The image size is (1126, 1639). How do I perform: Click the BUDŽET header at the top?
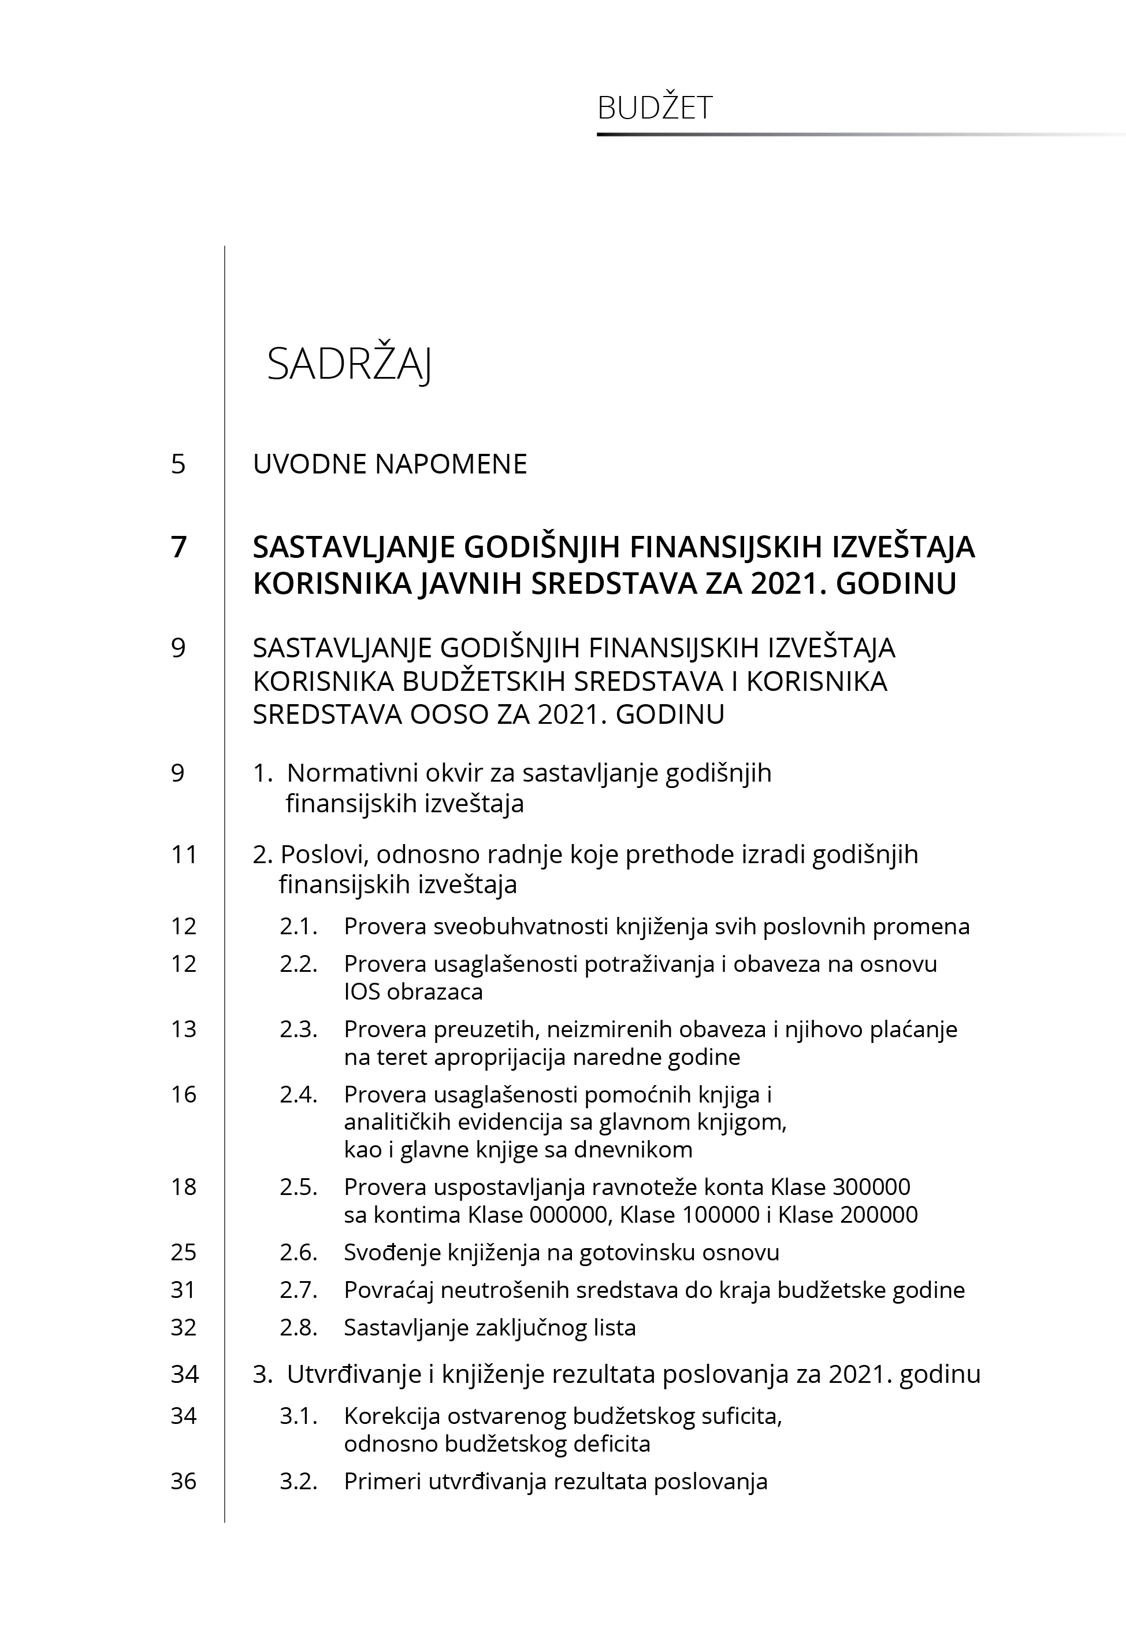coord(655,108)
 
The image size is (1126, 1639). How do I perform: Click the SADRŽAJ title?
coord(349,365)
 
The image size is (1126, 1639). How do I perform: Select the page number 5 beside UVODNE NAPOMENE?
coord(179,464)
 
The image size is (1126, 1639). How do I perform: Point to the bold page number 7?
coord(179,547)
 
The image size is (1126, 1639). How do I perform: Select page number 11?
coord(184,855)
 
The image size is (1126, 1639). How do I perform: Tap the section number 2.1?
coord(298,926)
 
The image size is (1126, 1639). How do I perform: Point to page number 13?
coord(184,1029)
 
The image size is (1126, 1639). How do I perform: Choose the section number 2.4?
coord(298,1094)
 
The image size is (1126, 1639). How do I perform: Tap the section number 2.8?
coord(298,1327)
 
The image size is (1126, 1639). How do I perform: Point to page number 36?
coord(184,1481)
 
